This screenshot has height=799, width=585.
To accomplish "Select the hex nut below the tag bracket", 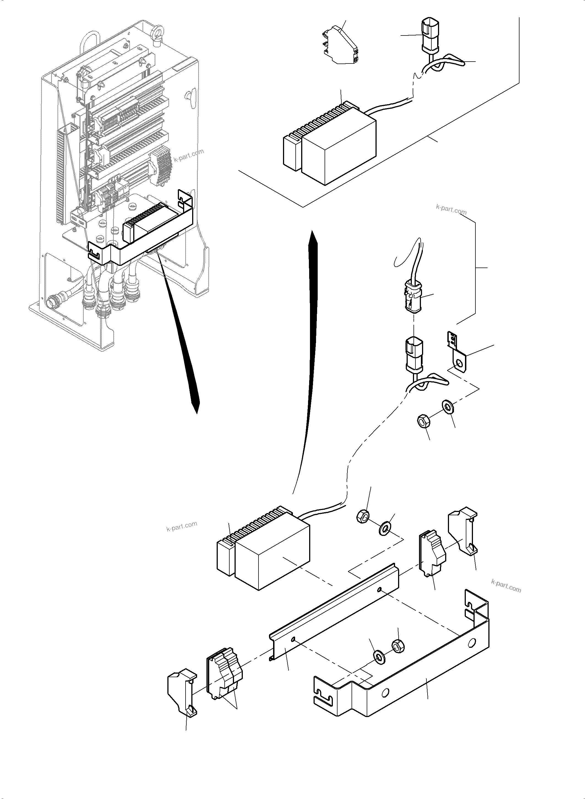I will [x=423, y=422].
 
